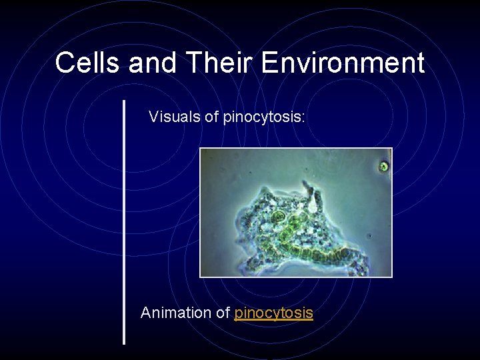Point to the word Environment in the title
pyautogui.click(x=343, y=63)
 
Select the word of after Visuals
pyautogui.click(x=212, y=117)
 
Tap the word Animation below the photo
pyautogui.click(x=177, y=313)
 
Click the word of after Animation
pyautogui.click(x=223, y=313)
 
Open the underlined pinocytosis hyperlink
pyautogui.click(x=273, y=313)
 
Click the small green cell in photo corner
pyautogui.click(x=384, y=166)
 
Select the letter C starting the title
pyautogui.click(x=65, y=63)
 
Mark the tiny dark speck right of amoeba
pyautogui.click(x=370, y=235)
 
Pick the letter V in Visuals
pyautogui.click(x=154, y=117)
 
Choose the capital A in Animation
pyautogui.click(x=146, y=313)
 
